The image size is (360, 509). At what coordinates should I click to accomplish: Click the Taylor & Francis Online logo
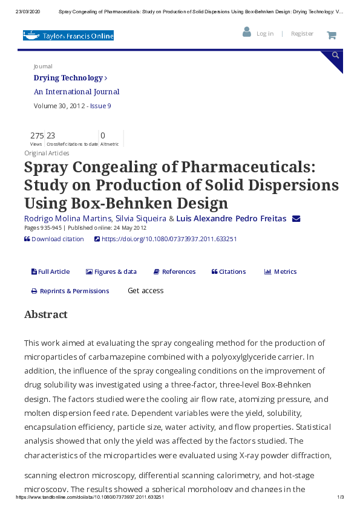pos(68,36)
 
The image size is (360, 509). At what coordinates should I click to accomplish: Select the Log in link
pos(264,34)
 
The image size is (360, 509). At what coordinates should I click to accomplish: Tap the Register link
pos(302,34)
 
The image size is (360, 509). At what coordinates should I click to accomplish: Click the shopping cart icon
pos(332,35)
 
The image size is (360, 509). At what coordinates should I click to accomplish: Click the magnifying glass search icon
pos(335,56)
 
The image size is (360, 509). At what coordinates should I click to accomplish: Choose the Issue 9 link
pos(100,106)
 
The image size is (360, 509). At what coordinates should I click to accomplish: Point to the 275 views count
pos(37,136)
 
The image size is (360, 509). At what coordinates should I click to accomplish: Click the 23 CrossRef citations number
pos(51,136)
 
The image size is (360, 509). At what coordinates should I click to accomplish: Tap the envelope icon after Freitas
pos(296,218)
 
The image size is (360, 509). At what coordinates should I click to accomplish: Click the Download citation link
pos(57,239)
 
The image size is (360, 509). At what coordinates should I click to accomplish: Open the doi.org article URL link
pos(169,239)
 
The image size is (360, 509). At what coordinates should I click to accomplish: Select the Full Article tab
pos(50,271)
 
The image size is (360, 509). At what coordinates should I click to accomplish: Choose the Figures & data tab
pos(111,271)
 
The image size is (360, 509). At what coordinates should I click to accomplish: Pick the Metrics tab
pos(281,271)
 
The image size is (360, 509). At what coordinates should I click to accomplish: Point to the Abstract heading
pos(46,314)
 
